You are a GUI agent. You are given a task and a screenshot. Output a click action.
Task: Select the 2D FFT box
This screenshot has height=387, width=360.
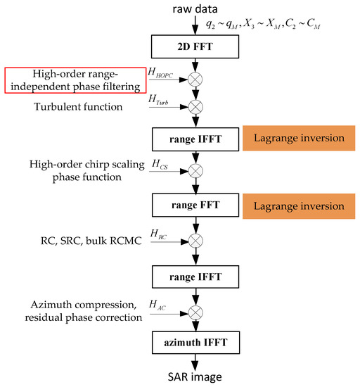pyautogui.click(x=191, y=48)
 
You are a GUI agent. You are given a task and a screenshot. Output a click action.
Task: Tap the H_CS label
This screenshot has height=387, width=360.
pyautogui.click(x=160, y=164)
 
